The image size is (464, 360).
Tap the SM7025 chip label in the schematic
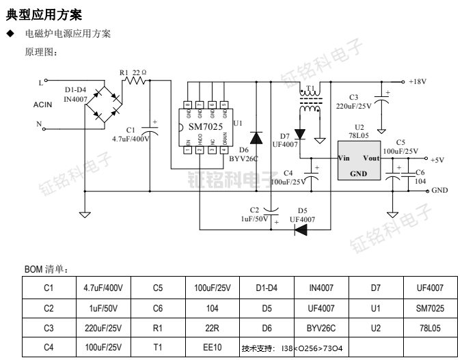pyautogui.click(x=203, y=128)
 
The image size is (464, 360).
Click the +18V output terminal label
pyautogui.click(x=418, y=81)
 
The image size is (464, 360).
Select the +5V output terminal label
pyautogui.click(x=437, y=159)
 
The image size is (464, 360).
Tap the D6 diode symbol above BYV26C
pyautogui.click(x=256, y=138)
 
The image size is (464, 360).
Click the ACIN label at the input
pyautogui.click(x=44, y=105)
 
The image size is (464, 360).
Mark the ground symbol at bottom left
pyautogui.click(x=85, y=214)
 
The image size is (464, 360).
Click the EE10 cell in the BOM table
pyautogui.click(x=212, y=347)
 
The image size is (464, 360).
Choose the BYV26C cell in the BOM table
pyautogui.click(x=321, y=328)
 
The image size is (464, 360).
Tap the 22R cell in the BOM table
pyautogui.click(x=212, y=328)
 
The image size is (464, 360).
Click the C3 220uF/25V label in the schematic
pyautogui.click(x=353, y=102)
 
